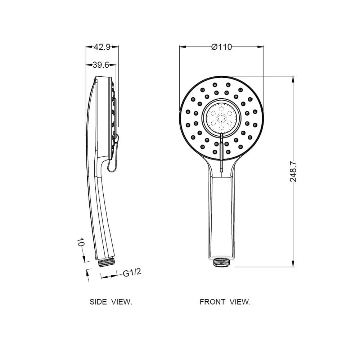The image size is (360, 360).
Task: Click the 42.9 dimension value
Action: (102, 47)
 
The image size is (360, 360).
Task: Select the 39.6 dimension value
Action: (101, 65)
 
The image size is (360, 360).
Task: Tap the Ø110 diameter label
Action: (221, 47)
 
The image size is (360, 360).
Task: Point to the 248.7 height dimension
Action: (293, 171)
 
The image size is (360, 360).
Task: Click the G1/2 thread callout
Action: (132, 273)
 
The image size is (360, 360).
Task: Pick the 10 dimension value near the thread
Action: (80, 242)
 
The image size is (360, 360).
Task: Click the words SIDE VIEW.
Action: (111, 302)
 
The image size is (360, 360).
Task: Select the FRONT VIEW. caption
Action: (225, 302)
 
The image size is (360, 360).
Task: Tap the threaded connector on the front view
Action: (221, 262)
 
